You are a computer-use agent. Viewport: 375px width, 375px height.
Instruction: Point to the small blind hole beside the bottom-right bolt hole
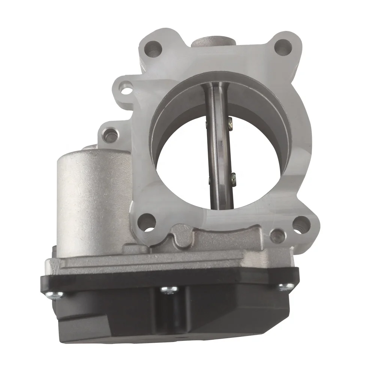(277, 235)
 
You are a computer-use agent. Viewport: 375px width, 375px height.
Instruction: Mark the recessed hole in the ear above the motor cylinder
(109, 135)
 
